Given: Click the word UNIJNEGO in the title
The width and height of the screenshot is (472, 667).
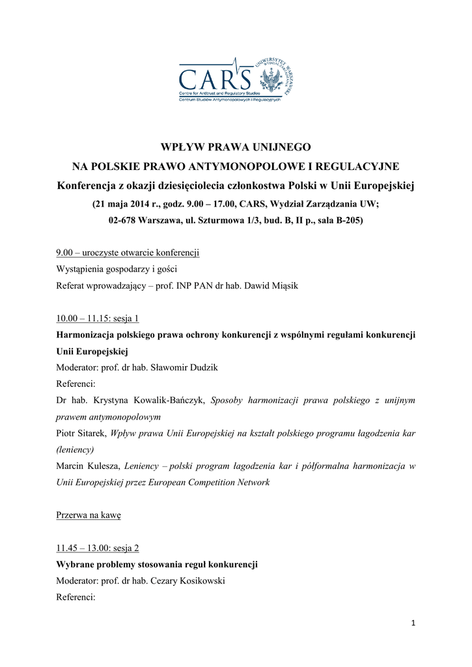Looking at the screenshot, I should (275, 147).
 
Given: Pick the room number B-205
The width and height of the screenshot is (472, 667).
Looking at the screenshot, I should (346, 220).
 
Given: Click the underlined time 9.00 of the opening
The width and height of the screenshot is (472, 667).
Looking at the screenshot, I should (64, 252).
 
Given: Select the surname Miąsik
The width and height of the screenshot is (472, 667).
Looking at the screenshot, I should (280, 286).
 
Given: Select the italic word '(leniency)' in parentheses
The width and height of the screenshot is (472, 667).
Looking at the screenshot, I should (76, 449).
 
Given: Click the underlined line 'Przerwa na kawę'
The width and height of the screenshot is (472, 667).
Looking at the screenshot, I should (89, 515).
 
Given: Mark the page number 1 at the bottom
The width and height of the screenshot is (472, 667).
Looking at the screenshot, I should (413, 623).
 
